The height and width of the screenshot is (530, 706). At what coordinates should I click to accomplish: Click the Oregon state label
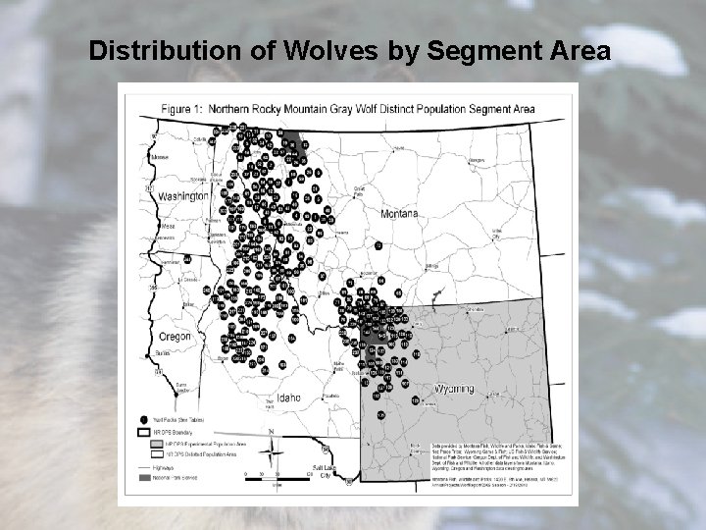click(x=174, y=337)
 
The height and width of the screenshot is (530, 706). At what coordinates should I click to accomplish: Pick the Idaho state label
click(x=288, y=397)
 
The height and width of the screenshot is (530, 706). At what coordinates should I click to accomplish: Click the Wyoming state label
click(x=452, y=389)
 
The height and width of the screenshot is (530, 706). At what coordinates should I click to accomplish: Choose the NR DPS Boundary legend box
click(x=144, y=430)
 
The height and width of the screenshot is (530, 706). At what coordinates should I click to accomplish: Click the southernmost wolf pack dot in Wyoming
click(x=416, y=400)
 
